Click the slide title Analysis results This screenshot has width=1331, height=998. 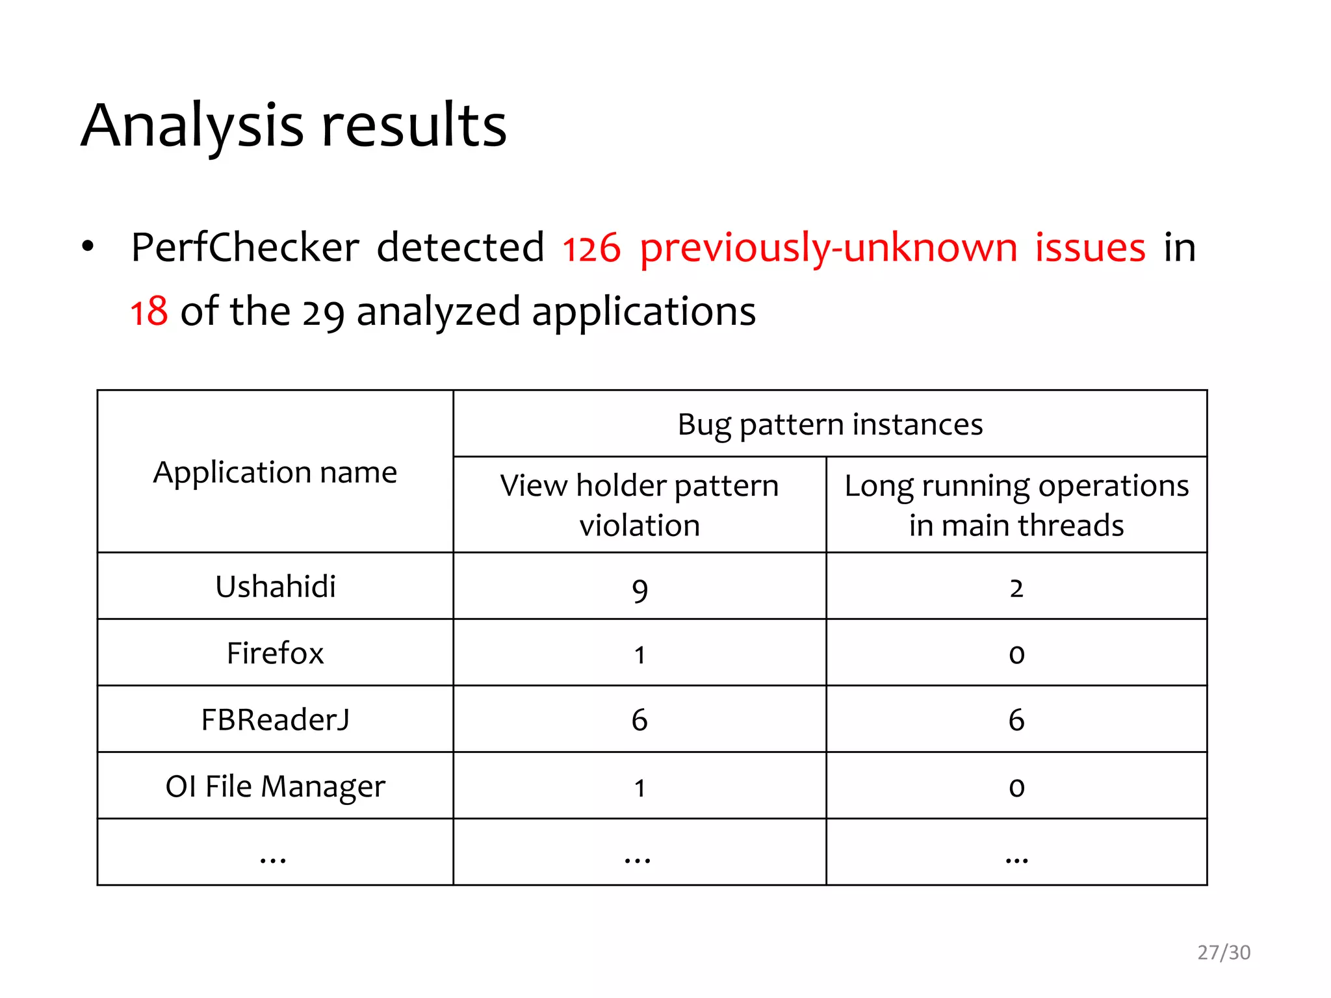pyautogui.click(x=294, y=126)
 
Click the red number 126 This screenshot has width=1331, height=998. pyautogui.click(x=591, y=249)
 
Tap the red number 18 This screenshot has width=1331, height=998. pyautogui.click(x=149, y=312)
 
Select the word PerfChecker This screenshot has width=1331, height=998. pyautogui.click(x=245, y=248)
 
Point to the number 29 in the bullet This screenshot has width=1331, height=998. pyautogui.click(x=323, y=313)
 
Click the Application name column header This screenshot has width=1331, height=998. pyautogui.click(x=275, y=472)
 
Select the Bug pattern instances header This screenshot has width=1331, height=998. pyautogui.click(x=830, y=424)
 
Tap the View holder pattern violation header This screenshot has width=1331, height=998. pyautogui.click(x=640, y=505)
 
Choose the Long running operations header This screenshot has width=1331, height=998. pyautogui.click(x=1016, y=505)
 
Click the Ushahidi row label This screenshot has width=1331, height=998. pyautogui.click(x=275, y=587)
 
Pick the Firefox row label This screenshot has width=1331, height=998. pyautogui.click(x=275, y=653)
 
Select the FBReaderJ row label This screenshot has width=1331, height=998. pyautogui.click(x=275, y=720)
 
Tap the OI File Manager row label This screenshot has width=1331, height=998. pyautogui.click(x=275, y=786)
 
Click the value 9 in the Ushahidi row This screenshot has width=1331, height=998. pyautogui.click(x=640, y=589)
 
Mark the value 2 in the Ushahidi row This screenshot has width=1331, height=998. pyautogui.click(x=1016, y=588)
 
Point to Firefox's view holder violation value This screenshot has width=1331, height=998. pyautogui.click(x=640, y=655)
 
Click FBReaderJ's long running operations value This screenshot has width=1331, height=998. pyautogui.click(x=1016, y=720)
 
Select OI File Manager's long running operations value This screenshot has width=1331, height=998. pyautogui.click(x=1016, y=787)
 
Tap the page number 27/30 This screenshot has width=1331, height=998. pyautogui.click(x=1224, y=953)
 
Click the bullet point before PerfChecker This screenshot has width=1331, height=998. pyautogui.click(x=88, y=247)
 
